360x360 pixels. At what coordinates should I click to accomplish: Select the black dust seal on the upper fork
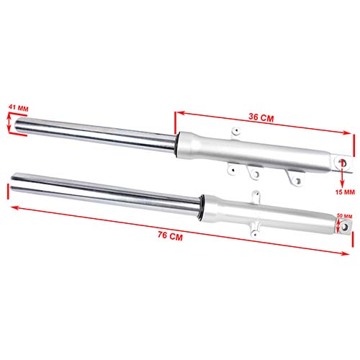pyautogui.click(x=176, y=143)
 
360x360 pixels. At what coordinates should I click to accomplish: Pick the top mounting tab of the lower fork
pyautogui.click(x=253, y=197)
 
